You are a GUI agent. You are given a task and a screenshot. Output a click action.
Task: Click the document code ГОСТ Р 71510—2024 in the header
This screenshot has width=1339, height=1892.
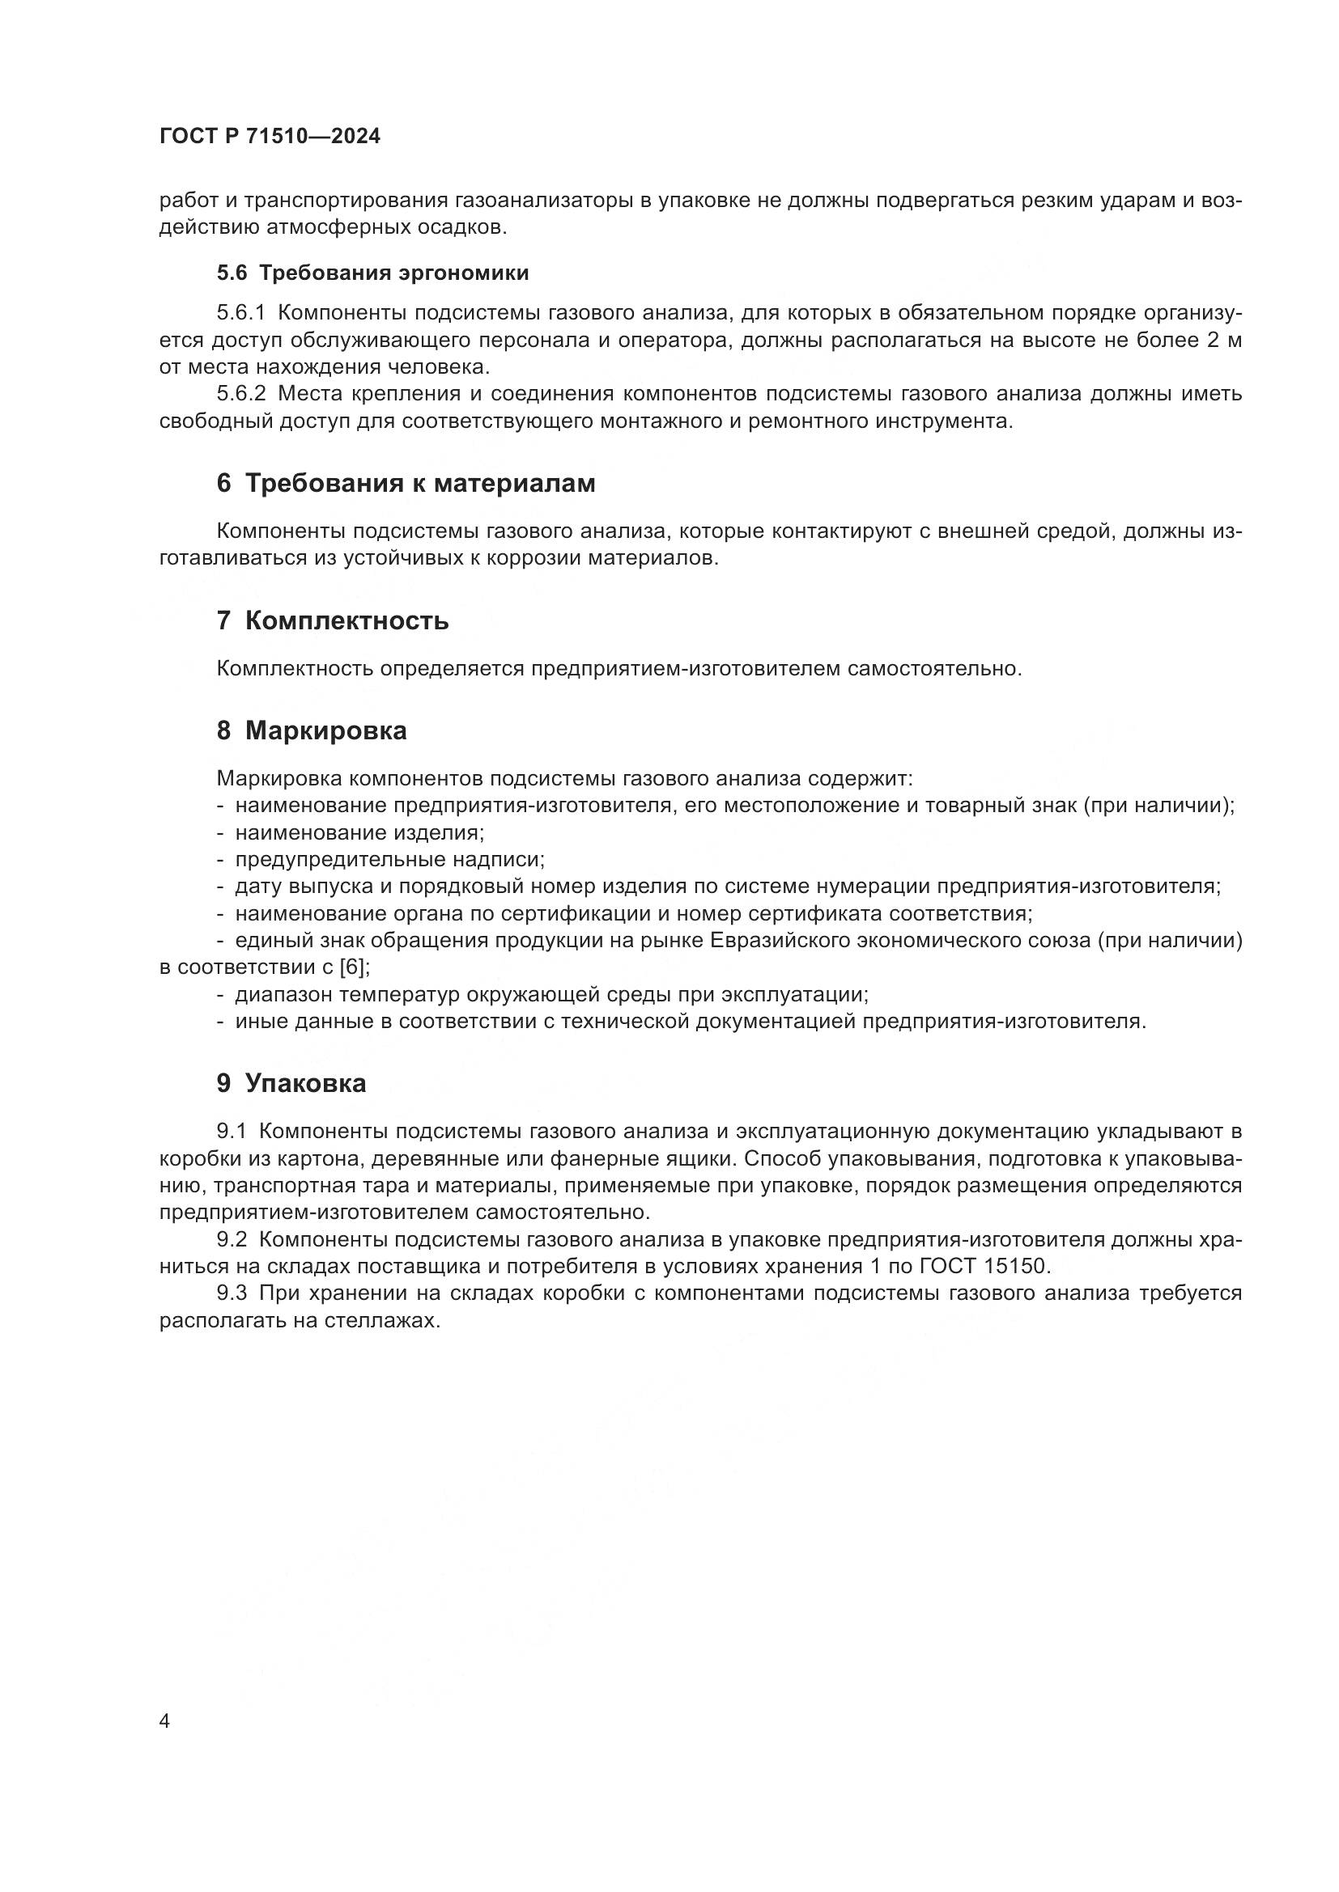pyautogui.click(x=270, y=137)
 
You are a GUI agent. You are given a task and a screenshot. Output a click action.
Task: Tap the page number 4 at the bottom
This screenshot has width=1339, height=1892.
pyautogui.click(x=165, y=1721)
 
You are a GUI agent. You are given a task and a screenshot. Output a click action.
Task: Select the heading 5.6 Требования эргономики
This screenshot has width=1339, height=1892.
pyautogui.click(x=372, y=273)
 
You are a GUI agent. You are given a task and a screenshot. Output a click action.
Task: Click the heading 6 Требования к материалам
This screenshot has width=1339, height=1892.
pyautogui.click(x=406, y=483)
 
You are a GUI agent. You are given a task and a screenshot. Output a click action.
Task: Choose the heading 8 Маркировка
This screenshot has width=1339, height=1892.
pyautogui.click(x=312, y=731)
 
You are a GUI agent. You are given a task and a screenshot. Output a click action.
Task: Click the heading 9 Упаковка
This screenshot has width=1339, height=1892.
pyautogui.click(x=291, y=1084)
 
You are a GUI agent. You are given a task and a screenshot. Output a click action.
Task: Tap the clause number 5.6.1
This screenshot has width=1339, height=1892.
pyautogui.click(x=241, y=313)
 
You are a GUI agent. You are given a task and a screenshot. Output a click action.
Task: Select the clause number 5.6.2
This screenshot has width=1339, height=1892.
pyautogui.click(x=241, y=394)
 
